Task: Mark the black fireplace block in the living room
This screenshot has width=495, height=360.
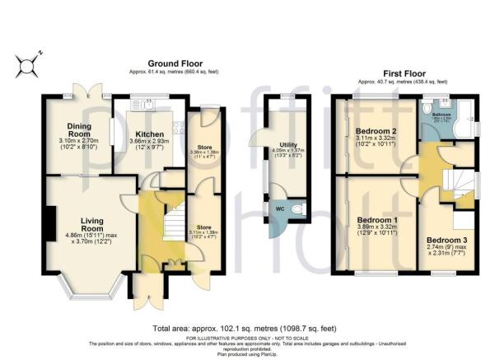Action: [x=51, y=222]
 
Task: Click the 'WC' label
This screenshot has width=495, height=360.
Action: [x=278, y=209]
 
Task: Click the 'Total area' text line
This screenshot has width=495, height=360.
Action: [x=247, y=327]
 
